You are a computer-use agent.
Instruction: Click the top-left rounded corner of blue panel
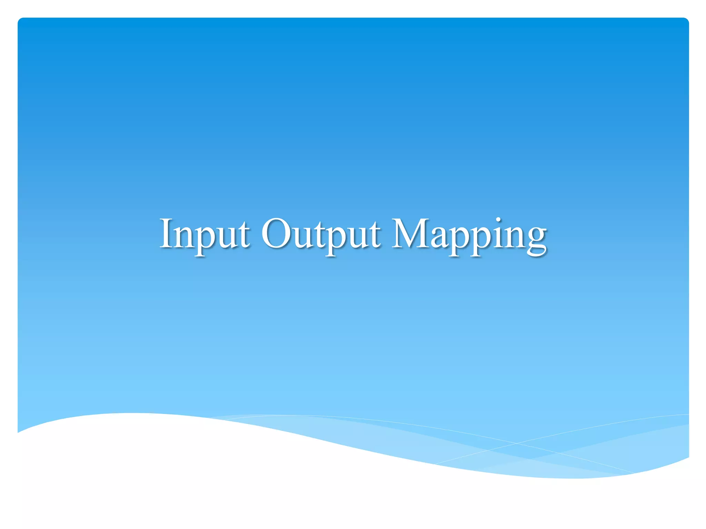point(20,20)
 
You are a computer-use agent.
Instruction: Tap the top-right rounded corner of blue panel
point(686,20)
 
